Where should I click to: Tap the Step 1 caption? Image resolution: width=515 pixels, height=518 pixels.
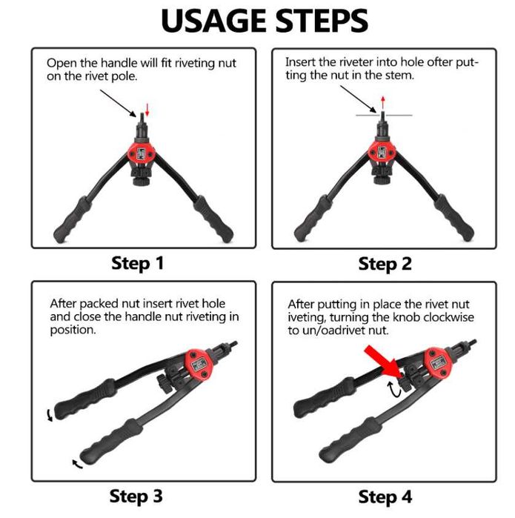[x=137, y=264]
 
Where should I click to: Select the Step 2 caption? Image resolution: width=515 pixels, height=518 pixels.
[x=385, y=265]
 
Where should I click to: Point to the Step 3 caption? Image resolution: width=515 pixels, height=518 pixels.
[x=136, y=497]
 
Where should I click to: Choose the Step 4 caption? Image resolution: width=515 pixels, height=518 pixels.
[x=385, y=497]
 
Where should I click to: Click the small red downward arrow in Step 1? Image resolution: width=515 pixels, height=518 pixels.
[x=147, y=110]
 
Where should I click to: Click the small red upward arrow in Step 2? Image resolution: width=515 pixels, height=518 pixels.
[x=383, y=102]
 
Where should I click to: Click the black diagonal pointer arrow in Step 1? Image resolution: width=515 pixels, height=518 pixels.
[x=119, y=104]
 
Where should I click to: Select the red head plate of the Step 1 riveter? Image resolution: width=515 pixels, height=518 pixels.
[x=142, y=153]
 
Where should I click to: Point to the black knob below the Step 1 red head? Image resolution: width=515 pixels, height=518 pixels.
[x=142, y=181]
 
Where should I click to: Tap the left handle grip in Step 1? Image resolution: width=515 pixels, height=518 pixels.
[x=73, y=220]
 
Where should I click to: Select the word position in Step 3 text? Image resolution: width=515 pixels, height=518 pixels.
[x=73, y=330]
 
